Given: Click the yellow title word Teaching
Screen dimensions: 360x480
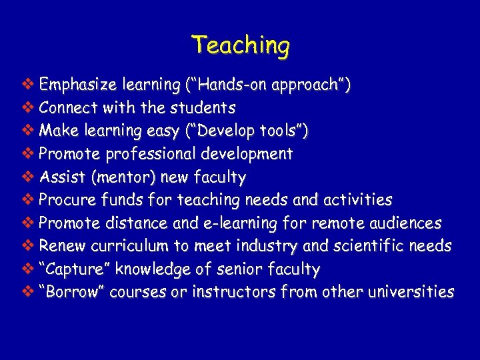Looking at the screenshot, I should pos(240,46).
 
